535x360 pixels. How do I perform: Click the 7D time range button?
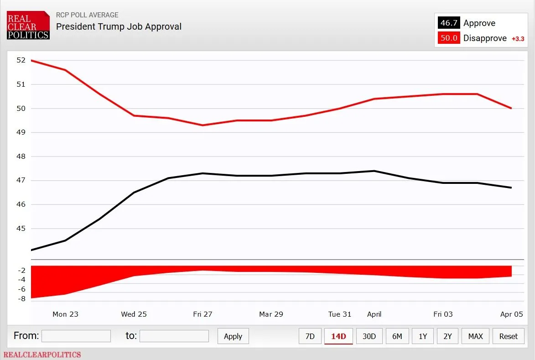[x=310, y=336]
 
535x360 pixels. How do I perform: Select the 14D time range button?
[x=338, y=336]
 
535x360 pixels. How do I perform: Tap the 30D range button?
[x=369, y=336]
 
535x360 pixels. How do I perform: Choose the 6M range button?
[x=397, y=336]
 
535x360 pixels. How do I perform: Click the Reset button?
[x=508, y=336]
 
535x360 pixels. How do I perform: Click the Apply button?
[x=233, y=336]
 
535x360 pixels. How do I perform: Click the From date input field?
[x=76, y=336]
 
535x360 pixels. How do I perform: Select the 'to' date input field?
[x=174, y=336]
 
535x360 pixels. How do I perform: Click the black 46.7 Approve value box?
[x=449, y=23]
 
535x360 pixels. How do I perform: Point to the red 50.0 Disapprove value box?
[x=449, y=38]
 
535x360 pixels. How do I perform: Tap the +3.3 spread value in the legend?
[x=518, y=39]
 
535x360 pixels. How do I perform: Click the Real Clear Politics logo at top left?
[x=28, y=25]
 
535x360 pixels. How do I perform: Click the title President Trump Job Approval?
[x=119, y=26]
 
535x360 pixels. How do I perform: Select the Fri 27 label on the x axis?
[x=203, y=314]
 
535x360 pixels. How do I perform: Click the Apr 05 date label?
[x=512, y=314]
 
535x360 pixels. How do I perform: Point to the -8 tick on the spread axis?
[x=21, y=299]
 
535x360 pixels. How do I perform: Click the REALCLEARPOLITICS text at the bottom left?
[x=42, y=355]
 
